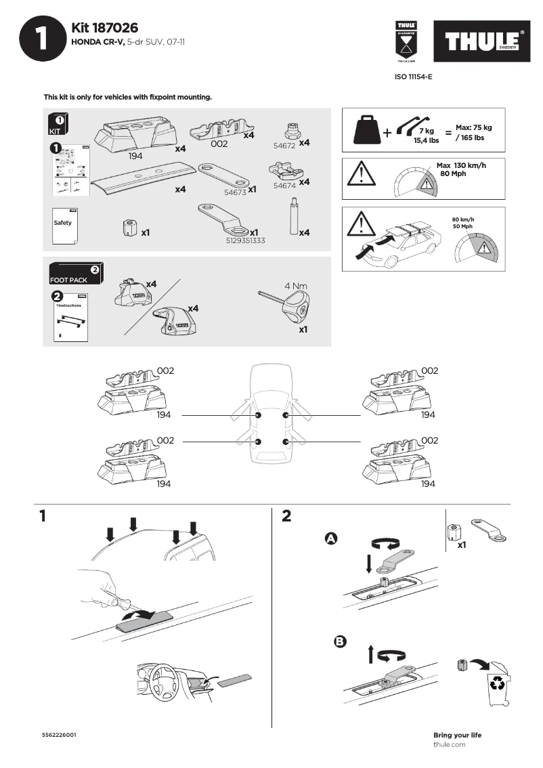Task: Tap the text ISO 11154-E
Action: (x=413, y=77)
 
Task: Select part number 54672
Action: (x=284, y=146)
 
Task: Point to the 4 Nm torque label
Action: (x=296, y=286)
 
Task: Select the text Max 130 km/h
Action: (x=462, y=165)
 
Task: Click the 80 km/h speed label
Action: (x=462, y=219)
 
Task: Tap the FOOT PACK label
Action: (x=68, y=280)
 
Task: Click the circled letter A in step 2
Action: (x=331, y=538)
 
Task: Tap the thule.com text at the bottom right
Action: (x=449, y=744)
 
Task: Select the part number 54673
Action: (x=234, y=192)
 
